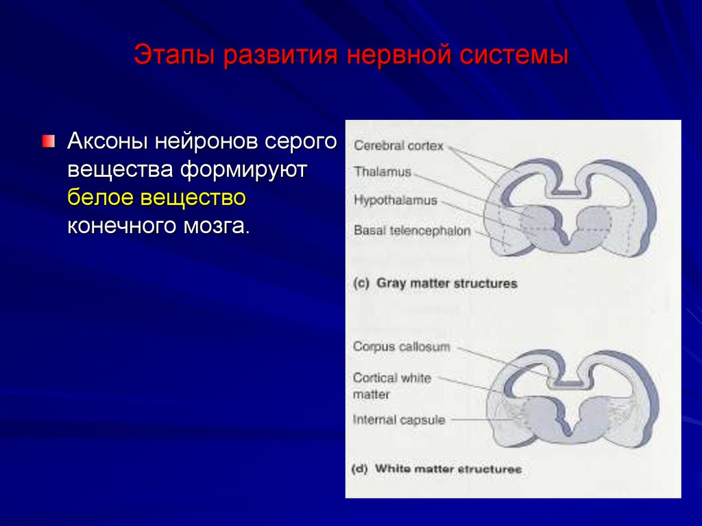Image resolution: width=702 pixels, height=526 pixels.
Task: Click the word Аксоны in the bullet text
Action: pos(108,142)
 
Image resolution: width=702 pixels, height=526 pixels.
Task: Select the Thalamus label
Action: pos(382,172)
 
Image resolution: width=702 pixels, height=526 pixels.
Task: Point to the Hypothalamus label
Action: pos(395,200)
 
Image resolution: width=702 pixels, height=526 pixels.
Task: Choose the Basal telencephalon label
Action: pos(412,231)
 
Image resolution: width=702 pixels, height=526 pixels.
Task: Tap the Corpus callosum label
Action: pos(401,347)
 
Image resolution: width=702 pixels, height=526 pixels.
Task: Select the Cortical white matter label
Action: pos(391,386)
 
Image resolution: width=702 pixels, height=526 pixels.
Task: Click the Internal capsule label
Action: pos(398,420)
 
